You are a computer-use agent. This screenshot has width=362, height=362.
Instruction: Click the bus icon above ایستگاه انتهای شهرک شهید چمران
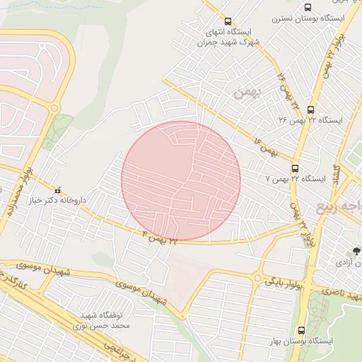click(x=228, y=21)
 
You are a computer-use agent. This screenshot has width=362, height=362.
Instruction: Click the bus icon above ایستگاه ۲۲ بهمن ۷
click(x=295, y=168)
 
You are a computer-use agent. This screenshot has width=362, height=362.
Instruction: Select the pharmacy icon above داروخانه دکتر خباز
click(x=59, y=189)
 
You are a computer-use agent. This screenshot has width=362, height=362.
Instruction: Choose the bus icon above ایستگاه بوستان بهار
click(x=302, y=330)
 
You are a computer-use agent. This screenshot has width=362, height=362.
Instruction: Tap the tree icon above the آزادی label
click(x=357, y=251)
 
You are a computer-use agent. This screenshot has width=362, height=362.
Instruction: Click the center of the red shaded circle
click(x=181, y=181)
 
